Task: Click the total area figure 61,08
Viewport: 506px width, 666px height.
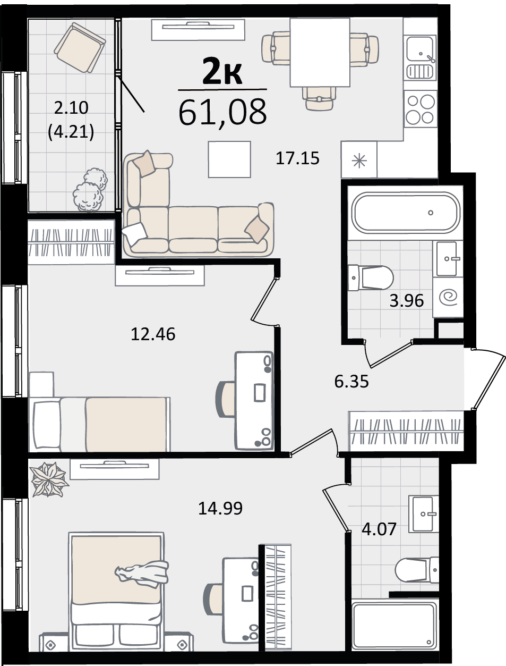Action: pyautogui.click(x=222, y=112)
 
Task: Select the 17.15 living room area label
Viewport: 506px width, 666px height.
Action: pyautogui.click(x=297, y=158)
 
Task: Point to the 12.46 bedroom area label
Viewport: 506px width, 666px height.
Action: pyautogui.click(x=153, y=334)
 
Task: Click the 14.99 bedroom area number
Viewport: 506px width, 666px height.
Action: pyautogui.click(x=220, y=509)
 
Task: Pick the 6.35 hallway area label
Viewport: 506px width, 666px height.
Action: pyautogui.click(x=351, y=382)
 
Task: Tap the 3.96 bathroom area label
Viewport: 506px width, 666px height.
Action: pyautogui.click(x=406, y=301)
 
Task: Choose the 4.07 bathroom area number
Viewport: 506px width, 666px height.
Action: pyautogui.click(x=379, y=529)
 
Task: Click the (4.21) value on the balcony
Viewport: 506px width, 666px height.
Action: pyautogui.click(x=71, y=132)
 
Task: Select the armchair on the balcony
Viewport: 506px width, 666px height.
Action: pyautogui.click(x=80, y=48)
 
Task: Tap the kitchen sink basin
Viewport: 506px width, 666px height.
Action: pyautogui.click(x=420, y=48)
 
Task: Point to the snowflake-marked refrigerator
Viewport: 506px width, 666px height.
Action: pyautogui.click(x=359, y=159)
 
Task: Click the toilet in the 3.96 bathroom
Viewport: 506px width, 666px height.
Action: pyautogui.click(x=371, y=278)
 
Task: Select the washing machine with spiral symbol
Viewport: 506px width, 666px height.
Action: pyautogui.click(x=448, y=297)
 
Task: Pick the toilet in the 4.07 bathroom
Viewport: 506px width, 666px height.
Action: pyautogui.click(x=417, y=570)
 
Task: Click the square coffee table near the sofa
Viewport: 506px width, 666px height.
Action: pyautogui.click(x=229, y=159)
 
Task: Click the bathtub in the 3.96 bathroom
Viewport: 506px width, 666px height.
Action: pyautogui.click(x=406, y=213)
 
